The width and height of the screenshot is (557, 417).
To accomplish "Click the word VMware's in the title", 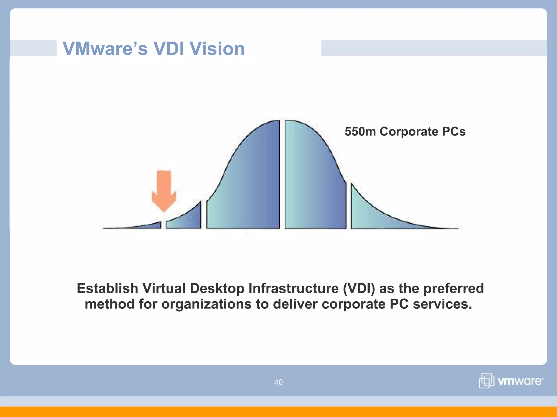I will pyautogui.click(x=105, y=49).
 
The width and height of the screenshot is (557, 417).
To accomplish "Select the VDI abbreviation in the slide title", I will pyautogui.click(x=169, y=49).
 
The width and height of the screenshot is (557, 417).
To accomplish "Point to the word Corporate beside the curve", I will pyautogui.click(x=409, y=132).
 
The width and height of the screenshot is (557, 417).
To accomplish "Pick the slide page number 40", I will pyautogui.click(x=278, y=382).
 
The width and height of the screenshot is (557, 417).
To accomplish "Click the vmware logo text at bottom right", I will pyautogui.click(x=520, y=381).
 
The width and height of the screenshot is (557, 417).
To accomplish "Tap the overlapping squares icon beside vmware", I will pyautogui.click(x=486, y=381).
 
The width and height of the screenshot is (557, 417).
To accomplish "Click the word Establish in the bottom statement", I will pyautogui.click(x=107, y=288).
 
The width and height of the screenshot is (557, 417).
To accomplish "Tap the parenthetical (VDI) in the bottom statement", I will pyautogui.click(x=359, y=288).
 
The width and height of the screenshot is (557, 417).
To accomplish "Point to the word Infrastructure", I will pyautogui.click(x=293, y=288).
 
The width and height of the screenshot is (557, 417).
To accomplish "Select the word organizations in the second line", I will pyautogui.click(x=206, y=304).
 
